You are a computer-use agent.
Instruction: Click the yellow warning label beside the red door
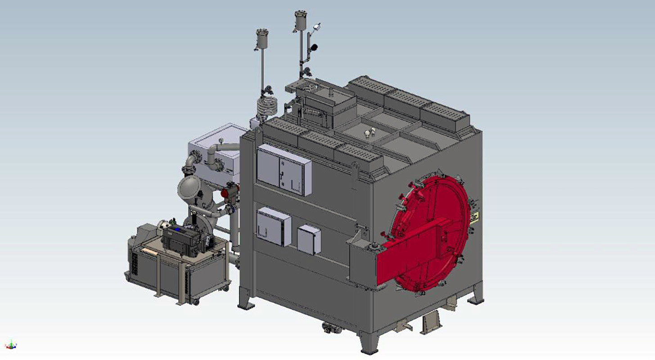(x=474, y=219)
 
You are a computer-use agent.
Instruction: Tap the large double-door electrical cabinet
(x=284, y=170)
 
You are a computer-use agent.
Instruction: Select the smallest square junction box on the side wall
(x=309, y=239)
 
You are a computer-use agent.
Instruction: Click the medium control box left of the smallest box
(x=273, y=226)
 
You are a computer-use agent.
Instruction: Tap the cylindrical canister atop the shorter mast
(x=261, y=39)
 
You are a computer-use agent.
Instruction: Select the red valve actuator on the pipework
(x=226, y=193)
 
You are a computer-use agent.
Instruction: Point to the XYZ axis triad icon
(x=11, y=346)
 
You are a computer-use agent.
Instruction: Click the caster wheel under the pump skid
(x=195, y=302)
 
